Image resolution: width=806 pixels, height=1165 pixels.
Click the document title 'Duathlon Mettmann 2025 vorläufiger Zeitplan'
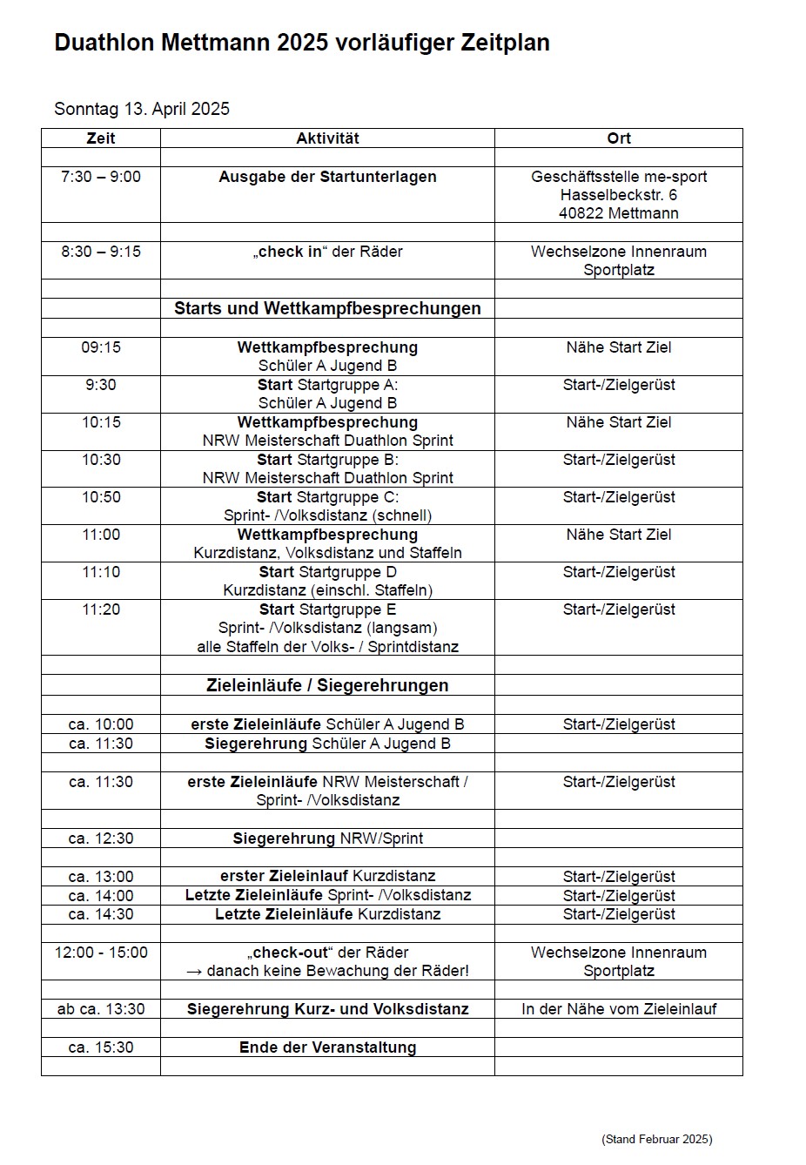pyautogui.click(x=301, y=44)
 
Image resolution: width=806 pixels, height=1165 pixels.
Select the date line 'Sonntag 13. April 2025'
pyautogui.click(x=142, y=109)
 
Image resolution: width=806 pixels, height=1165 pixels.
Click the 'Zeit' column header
pyautogui.click(x=101, y=138)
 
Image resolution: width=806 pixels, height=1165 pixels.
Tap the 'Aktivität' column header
pyautogui.click(x=327, y=138)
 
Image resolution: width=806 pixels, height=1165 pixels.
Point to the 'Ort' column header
pyautogui.click(x=619, y=138)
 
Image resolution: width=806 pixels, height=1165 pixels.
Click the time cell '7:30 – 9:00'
pyautogui.click(x=101, y=177)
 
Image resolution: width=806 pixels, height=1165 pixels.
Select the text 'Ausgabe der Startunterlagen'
pyautogui.click(x=327, y=177)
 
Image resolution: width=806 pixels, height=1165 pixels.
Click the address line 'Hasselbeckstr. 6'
pyautogui.click(x=619, y=195)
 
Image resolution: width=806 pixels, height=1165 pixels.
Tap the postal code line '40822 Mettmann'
pyautogui.click(x=619, y=213)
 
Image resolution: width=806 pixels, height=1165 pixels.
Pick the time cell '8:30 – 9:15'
pyautogui.click(x=101, y=252)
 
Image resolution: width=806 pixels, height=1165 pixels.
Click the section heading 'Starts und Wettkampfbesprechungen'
pyautogui.click(x=327, y=308)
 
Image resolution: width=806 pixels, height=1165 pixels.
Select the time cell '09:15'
pyautogui.click(x=101, y=347)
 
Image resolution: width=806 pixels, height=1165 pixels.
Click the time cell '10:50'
pyautogui.click(x=101, y=497)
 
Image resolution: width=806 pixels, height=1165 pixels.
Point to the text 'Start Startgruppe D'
pyautogui.click(x=327, y=572)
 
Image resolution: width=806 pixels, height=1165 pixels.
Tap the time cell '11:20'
pyautogui.click(x=101, y=609)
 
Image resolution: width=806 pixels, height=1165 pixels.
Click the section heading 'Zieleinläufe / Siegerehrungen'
pyautogui.click(x=327, y=685)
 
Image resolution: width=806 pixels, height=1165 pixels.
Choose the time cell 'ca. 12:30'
pyautogui.click(x=101, y=838)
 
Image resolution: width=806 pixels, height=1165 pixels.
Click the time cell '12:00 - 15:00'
pyautogui.click(x=101, y=953)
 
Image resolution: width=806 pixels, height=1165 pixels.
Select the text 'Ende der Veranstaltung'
pyautogui.click(x=327, y=1047)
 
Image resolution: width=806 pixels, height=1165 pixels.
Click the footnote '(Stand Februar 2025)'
pyautogui.click(x=656, y=1139)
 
